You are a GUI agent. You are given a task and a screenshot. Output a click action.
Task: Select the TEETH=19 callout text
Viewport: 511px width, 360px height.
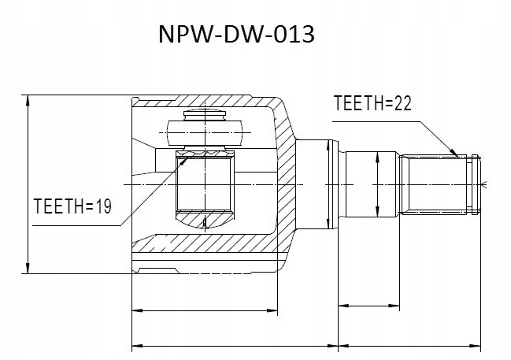72,206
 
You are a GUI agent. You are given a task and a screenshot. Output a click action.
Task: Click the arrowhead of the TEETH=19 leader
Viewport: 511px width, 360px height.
183,158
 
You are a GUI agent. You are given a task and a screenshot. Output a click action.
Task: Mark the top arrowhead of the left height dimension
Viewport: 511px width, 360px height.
28,99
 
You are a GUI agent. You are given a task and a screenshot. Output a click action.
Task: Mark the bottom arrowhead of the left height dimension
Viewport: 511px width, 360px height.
28,270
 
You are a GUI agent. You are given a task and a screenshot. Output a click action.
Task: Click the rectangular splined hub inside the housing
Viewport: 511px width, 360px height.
202,186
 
